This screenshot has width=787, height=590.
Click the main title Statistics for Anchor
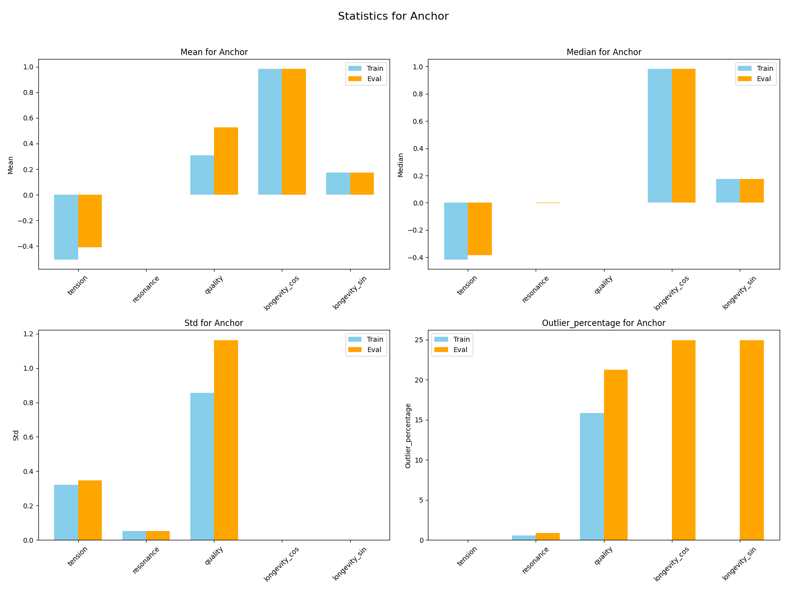click(x=393, y=16)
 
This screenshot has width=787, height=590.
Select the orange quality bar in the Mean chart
click(x=226, y=161)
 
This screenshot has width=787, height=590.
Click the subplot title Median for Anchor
click(x=604, y=52)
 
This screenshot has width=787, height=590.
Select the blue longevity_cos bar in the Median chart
click(x=660, y=136)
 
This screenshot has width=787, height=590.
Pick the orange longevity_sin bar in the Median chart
click(x=752, y=191)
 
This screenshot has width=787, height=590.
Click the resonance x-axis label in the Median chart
click(x=536, y=289)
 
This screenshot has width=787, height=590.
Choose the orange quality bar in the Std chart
click(x=226, y=440)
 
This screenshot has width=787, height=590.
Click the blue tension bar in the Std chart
click(x=66, y=512)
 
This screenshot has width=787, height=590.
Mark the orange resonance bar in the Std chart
click(x=158, y=535)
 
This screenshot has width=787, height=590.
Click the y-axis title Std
click(x=16, y=435)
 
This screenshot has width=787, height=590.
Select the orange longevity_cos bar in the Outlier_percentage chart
click(x=683, y=440)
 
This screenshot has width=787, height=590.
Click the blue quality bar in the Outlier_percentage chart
click(x=592, y=476)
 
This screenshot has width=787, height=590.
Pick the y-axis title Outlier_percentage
click(x=408, y=435)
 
